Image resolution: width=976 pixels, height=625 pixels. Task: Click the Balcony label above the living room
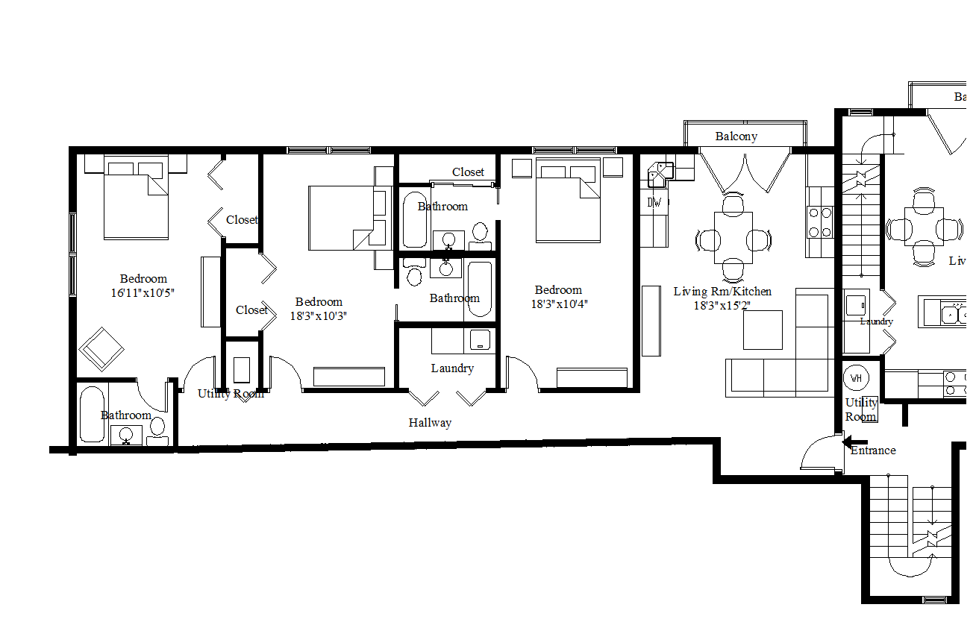736,136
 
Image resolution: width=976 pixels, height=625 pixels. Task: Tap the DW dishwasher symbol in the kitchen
654,202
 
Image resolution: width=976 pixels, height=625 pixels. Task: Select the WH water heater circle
856,378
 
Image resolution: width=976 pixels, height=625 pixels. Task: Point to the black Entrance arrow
849,443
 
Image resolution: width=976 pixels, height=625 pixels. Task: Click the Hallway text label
430,423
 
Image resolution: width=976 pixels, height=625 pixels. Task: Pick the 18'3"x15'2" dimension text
722,305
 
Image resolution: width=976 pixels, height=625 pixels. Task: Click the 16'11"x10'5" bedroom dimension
143,293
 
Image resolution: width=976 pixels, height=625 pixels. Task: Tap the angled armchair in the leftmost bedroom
101,348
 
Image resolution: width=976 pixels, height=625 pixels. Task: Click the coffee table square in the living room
763,330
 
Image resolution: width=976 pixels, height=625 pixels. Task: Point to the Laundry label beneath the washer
452,368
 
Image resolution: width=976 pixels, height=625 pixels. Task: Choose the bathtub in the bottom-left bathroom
94,414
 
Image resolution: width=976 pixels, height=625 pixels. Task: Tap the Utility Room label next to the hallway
231,394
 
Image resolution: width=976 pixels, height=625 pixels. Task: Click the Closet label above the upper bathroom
468,172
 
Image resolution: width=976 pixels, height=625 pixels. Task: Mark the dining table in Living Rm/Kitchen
733,237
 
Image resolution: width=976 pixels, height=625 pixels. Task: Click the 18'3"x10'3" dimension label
319,315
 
